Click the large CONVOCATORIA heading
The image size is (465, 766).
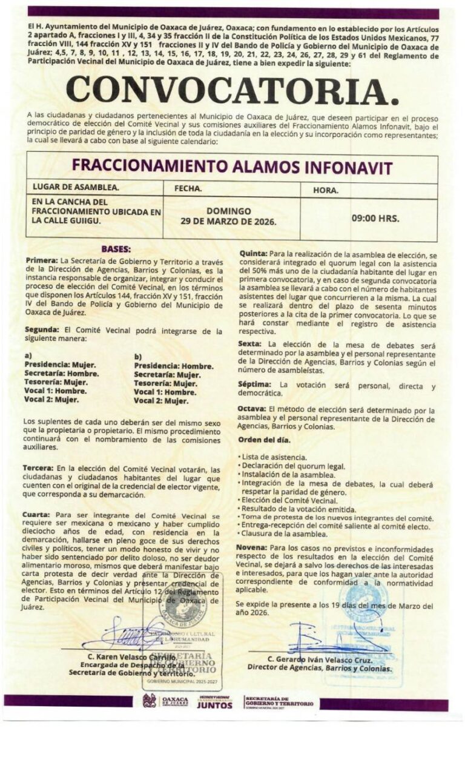tap(232, 90)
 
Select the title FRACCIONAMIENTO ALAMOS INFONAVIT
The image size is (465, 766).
tap(232, 167)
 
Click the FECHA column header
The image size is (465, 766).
tap(188, 188)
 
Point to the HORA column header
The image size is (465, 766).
tap(326, 190)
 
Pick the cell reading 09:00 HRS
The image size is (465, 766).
tap(375, 218)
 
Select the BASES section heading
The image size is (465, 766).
tap(116, 249)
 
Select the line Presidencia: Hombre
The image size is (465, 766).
tap(174, 366)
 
